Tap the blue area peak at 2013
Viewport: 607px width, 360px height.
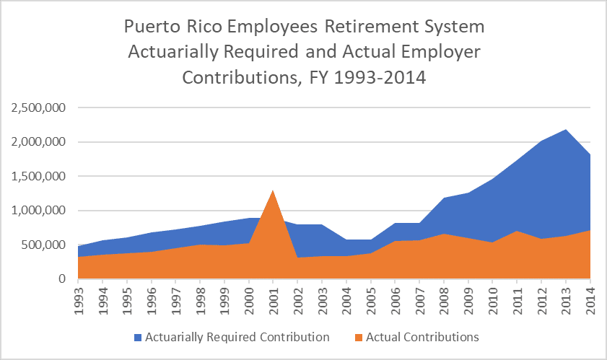(566, 131)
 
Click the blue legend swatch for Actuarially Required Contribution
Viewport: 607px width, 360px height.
(137, 337)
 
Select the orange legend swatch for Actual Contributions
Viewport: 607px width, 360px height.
(358, 337)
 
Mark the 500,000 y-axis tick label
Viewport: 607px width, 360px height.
(42, 245)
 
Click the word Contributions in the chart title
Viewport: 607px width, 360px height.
(240, 77)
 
